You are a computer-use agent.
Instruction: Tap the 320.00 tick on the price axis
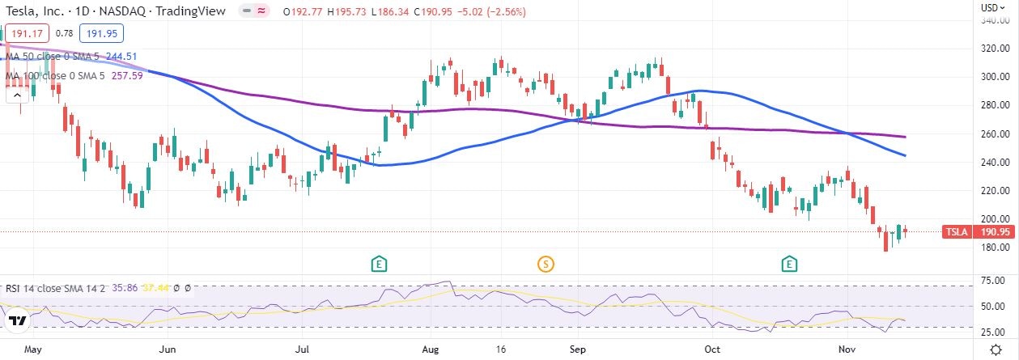[x=994, y=49]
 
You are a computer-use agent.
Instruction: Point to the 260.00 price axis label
[x=994, y=133]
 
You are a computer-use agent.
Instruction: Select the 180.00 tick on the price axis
[x=994, y=247]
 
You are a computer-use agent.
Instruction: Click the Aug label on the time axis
[x=431, y=350]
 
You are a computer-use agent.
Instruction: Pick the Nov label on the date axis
[x=847, y=350]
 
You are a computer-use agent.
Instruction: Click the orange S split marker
[x=546, y=263]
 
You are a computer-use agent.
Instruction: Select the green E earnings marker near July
[x=378, y=263]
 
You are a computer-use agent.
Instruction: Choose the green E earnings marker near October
[x=790, y=263]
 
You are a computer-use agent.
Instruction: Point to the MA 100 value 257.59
[x=126, y=75]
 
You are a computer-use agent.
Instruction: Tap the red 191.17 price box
[x=27, y=33]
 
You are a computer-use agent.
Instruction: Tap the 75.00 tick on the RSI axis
[x=994, y=281]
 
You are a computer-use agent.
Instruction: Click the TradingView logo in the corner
[x=18, y=321]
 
